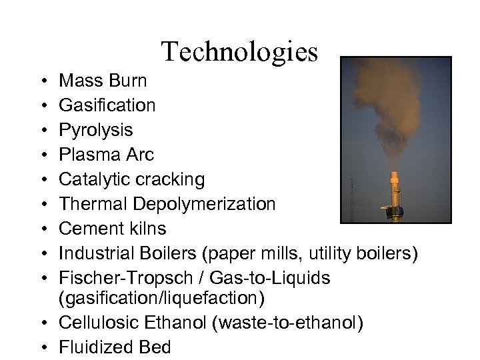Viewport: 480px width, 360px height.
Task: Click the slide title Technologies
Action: (x=239, y=52)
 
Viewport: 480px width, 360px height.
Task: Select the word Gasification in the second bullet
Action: (x=108, y=105)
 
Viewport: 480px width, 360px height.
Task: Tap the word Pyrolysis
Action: (x=96, y=130)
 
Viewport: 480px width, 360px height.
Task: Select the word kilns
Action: (x=144, y=229)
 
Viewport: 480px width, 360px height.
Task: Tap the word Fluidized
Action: (x=95, y=347)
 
